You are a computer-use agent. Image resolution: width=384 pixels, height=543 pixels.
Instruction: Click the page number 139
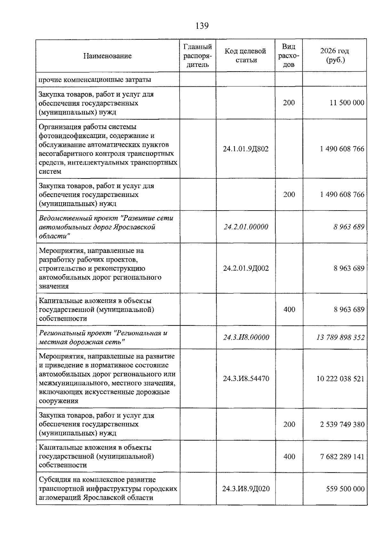(x=202, y=26)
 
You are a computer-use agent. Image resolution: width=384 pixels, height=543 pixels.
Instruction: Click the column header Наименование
(x=107, y=56)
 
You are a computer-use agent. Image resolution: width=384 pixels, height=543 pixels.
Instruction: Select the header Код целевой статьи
(x=245, y=55)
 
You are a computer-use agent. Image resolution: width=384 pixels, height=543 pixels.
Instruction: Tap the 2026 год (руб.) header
(x=335, y=55)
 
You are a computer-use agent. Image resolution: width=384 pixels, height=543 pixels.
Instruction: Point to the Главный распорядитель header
(x=197, y=56)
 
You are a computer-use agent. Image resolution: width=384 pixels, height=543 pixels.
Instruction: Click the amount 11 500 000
(x=347, y=103)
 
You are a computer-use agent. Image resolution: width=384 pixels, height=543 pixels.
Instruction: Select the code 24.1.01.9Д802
(x=246, y=149)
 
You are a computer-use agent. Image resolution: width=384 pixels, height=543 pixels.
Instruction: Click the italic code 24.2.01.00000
(x=246, y=227)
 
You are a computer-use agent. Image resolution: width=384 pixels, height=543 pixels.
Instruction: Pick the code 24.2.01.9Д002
(x=246, y=268)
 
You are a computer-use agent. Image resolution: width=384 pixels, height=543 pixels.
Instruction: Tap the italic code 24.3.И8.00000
(x=246, y=337)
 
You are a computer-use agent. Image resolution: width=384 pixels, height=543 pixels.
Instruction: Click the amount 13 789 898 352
(x=340, y=337)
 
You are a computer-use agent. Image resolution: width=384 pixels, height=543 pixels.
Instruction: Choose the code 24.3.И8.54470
(x=246, y=379)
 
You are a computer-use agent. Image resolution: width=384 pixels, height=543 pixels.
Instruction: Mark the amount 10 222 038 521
(x=340, y=379)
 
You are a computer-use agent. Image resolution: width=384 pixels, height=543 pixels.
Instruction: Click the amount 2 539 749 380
(x=342, y=424)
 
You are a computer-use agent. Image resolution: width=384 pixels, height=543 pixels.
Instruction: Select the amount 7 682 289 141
(x=342, y=457)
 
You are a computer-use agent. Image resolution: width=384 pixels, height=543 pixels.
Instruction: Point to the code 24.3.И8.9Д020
(x=246, y=489)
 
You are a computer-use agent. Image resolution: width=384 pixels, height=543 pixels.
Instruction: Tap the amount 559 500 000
(x=345, y=489)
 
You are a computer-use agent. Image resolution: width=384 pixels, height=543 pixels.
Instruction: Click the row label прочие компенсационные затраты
(x=95, y=79)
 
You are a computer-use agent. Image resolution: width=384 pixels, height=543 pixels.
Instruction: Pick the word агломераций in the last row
(x=60, y=498)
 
